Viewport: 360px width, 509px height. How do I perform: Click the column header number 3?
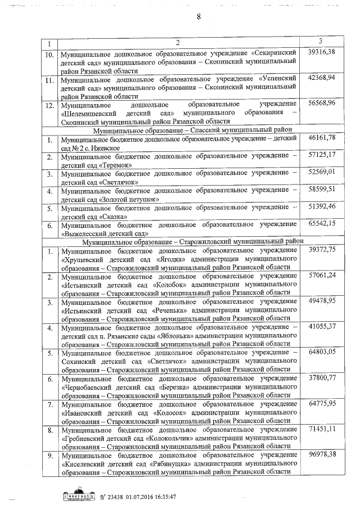tap(320, 41)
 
